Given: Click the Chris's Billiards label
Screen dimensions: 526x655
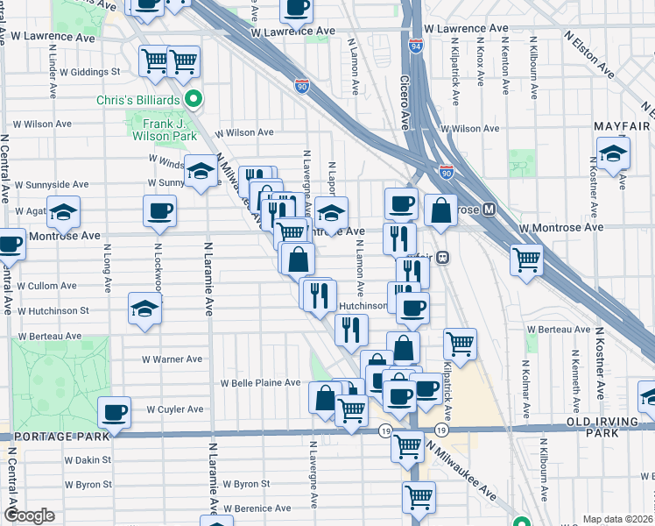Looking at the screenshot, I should click(x=138, y=100).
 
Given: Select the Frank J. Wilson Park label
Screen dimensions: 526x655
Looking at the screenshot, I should click(x=164, y=130).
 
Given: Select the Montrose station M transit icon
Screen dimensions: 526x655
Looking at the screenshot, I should click(x=489, y=210).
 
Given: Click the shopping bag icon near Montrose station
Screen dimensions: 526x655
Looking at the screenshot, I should click(x=441, y=210).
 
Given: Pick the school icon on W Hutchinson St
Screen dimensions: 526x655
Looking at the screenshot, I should click(x=145, y=309).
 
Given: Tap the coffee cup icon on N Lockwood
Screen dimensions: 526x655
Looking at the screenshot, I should click(x=160, y=211).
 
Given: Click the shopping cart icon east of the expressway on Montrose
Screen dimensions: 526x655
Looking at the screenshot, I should click(x=527, y=259).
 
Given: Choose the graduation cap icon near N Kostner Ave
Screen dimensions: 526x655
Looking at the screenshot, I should click(x=613, y=153).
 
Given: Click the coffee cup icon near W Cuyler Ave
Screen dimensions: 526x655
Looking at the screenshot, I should click(x=113, y=411).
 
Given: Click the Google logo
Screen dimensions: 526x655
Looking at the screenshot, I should click(x=29, y=515).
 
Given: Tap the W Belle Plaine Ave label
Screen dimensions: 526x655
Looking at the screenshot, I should click(x=260, y=383).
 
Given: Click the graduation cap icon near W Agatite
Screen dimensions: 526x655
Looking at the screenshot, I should click(x=63, y=212).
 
